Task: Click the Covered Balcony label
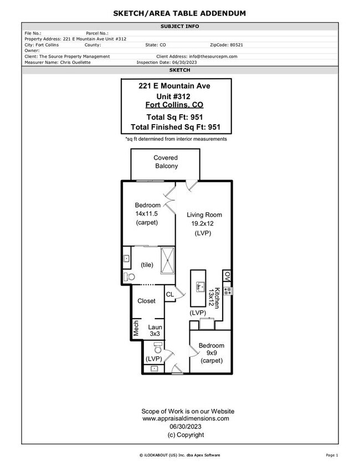(166, 162)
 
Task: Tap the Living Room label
(204, 214)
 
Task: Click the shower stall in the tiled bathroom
(167, 259)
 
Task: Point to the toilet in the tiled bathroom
(129, 276)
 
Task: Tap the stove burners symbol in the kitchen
(227, 290)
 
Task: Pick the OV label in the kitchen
(227, 275)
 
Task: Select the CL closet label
(169, 294)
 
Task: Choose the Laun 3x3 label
(155, 330)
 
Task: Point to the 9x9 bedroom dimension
(211, 353)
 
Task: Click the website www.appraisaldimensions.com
(188, 419)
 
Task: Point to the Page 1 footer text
(332, 455)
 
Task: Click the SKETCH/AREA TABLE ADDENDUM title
(179, 13)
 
